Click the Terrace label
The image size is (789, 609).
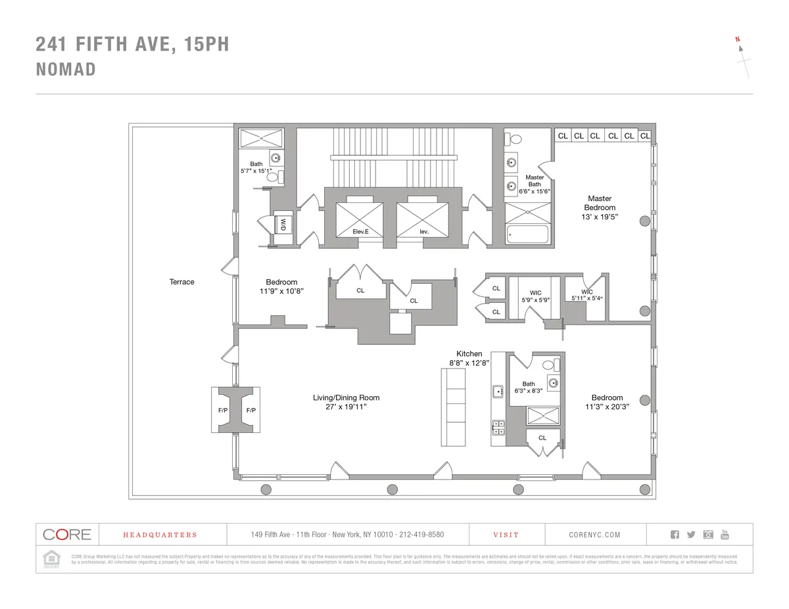tap(181, 282)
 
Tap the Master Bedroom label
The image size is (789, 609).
tap(600, 203)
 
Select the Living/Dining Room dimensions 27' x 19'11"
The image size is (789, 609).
tap(346, 407)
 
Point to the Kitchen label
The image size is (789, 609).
tap(469, 353)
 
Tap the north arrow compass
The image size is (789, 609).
tap(743, 59)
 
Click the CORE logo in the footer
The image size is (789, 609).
tap(66, 534)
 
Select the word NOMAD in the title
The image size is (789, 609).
tap(66, 70)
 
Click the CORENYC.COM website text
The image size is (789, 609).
tap(594, 535)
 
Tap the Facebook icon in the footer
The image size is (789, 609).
tap(674, 534)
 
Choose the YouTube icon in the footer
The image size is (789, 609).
tap(725, 534)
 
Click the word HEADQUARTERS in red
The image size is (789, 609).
tap(160, 535)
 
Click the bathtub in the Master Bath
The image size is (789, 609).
tap(528, 235)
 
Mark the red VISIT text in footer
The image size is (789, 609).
tap(506, 535)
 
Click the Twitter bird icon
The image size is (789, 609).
tap(690, 534)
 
